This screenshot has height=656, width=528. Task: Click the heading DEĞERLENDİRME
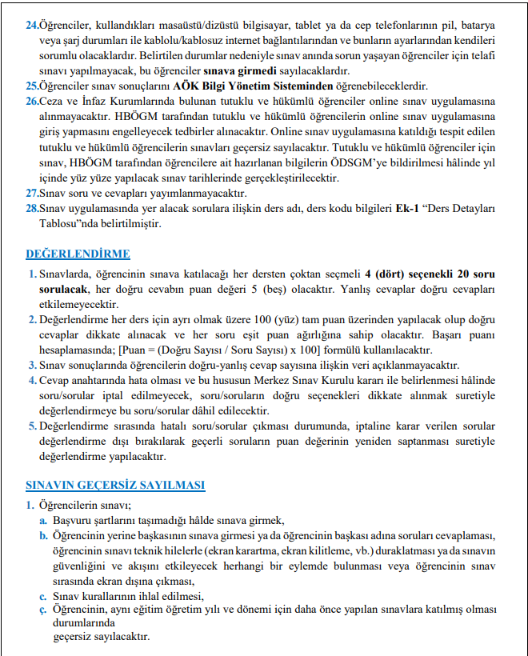point(78,254)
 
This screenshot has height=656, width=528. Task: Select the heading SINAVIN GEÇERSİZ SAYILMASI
point(115,485)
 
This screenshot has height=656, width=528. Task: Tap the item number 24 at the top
point(31,25)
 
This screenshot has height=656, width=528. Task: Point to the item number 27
point(31,194)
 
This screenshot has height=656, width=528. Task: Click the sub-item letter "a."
point(44,520)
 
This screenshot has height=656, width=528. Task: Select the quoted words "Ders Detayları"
point(463,209)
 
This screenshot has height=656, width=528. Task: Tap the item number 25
point(31,86)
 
